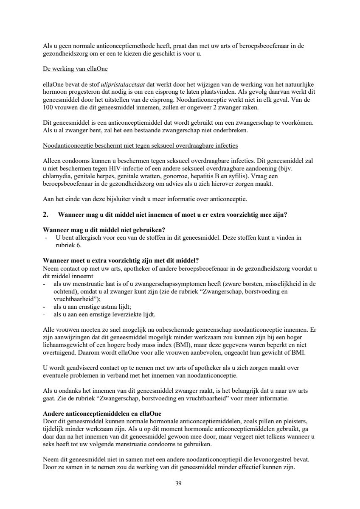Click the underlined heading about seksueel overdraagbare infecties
(141, 145)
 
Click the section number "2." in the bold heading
(46, 215)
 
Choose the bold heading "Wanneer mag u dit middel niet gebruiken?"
(104, 229)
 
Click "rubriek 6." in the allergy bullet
(65, 245)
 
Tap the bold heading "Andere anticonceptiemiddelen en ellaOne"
(102, 414)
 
